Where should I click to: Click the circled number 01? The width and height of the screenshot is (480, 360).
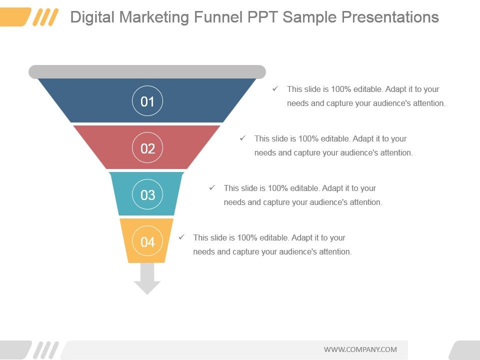(x=147, y=100)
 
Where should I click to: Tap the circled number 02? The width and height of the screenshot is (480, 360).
(x=147, y=147)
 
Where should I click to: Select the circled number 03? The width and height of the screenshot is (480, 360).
(x=147, y=194)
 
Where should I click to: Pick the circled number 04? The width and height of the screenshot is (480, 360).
(x=147, y=241)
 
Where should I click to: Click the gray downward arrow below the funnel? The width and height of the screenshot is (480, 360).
(x=147, y=278)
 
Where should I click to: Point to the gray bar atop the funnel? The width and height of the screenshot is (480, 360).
(x=147, y=71)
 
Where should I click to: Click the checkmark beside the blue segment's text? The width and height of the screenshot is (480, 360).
(x=275, y=89)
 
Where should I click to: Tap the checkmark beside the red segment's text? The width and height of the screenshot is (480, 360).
(x=243, y=138)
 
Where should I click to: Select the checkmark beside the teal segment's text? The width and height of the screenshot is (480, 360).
(x=212, y=187)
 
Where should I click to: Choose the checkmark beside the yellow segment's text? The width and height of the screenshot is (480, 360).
(x=181, y=237)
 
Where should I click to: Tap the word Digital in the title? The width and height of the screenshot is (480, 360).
(x=92, y=17)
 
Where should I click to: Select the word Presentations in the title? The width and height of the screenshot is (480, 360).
(x=390, y=17)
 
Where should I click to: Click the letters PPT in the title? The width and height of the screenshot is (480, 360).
(x=262, y=17)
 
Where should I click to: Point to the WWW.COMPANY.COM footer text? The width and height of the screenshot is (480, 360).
(x=360, y=349)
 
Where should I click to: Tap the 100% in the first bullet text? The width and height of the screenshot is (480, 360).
(x=340, y=89)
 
